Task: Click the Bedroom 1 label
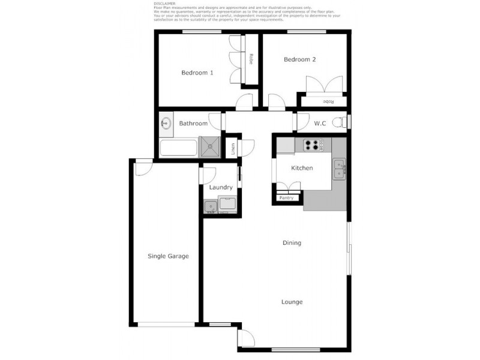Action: coord(197,73)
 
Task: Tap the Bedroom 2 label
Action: coord(299,59)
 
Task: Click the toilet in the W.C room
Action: coord(340,122)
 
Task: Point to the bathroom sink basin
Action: coord(166,124)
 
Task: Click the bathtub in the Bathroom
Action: coord(179,147)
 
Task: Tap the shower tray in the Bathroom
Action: coord(211,146)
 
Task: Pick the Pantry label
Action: coord(286,197)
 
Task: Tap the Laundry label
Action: coord(221,187)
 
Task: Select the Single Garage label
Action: coord(169,256)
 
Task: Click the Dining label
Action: coord(292,243)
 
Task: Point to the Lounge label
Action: coord(292,302)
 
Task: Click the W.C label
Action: coord(320,124)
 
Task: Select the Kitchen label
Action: coord(302,168)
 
